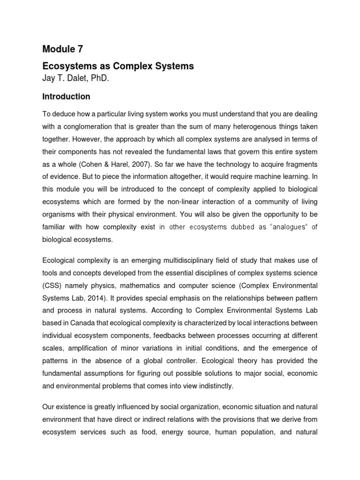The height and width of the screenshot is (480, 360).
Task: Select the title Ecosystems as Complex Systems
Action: (118, 66)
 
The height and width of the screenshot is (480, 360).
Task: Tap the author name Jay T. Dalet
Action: (67, 78)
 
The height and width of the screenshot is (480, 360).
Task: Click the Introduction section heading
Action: (66, 97)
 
